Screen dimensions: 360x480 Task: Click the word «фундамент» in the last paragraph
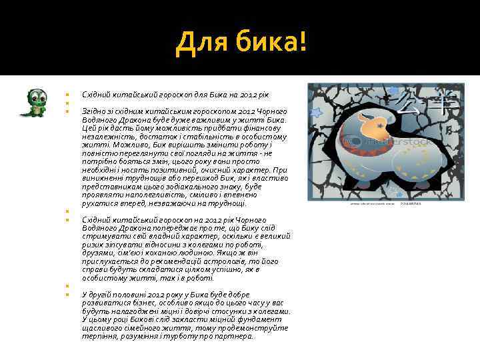[264, 319]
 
